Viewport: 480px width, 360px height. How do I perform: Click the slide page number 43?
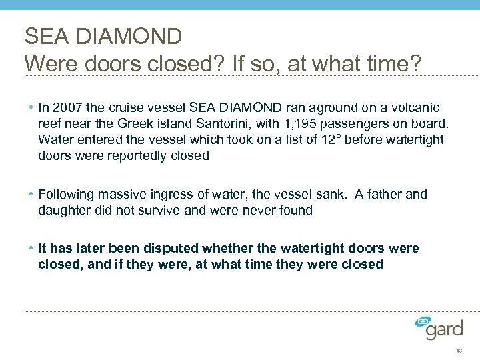459,351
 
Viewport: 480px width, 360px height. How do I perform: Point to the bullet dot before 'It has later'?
31,248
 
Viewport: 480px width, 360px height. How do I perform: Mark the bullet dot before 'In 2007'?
31,107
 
